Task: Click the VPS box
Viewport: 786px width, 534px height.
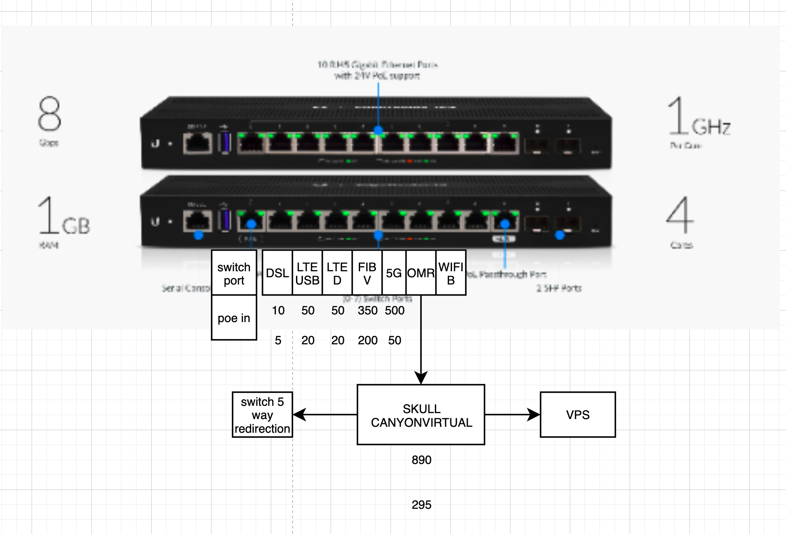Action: click(x=578, y=414)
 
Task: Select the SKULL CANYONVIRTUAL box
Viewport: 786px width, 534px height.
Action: click(x=421, y=415)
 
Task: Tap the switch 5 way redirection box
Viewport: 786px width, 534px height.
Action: click(x=262, y=415)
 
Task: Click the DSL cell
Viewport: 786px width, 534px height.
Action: click(x=277, y=273)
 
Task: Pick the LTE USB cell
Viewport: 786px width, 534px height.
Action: click(x=307, y=273)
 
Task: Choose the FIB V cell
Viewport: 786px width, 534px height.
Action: click(x=367, y=273)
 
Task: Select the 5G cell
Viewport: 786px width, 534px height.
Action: click(x=393, y=273)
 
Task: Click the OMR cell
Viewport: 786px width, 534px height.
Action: click(x=421, y=273)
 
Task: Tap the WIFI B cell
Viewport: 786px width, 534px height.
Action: click(x=451, y=273)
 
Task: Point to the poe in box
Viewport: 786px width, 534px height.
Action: click(x=234, y=318)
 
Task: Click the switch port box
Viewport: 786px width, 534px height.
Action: click(x=234, y=273)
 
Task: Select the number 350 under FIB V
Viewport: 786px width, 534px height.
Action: click(x=367, y=311)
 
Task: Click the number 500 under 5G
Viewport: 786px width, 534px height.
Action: click(x=394, y=311)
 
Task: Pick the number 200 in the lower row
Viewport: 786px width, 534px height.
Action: click(x=367, y=340)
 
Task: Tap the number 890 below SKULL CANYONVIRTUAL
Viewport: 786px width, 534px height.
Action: click(x=421, y=460)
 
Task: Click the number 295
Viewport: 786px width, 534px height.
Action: click(x=421, y=505)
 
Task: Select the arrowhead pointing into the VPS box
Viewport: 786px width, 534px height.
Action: click(x=534, y=414)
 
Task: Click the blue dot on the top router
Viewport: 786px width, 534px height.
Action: click(x=378, y=130)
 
